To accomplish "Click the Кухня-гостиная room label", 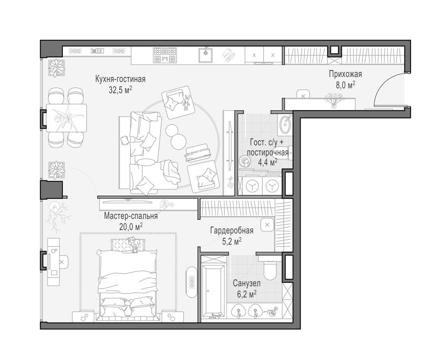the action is click(120, 79).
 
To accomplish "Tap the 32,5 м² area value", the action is click(120, 90).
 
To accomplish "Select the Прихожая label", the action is click(345, 74).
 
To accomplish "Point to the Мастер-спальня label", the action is click(131, 216).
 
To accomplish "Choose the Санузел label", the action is click(247, 284).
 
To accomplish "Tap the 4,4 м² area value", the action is click(268, 162).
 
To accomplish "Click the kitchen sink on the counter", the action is click(206, 55).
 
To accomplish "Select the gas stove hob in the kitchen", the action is click(165, 55).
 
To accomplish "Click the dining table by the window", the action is click(66, 118).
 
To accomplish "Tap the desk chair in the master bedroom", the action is click(63, 262).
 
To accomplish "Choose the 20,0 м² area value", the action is click(131, 227).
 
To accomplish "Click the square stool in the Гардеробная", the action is click(267, 225).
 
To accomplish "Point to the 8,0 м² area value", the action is click(345, 85).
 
